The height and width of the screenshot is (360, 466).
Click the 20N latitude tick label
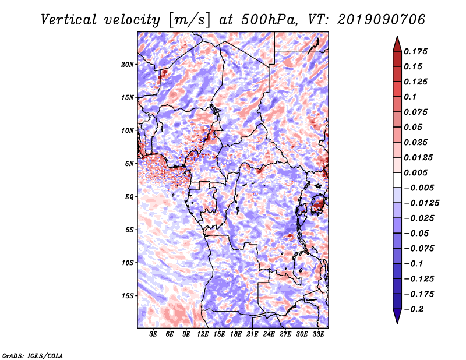pyautogui.click(x=128, y=64)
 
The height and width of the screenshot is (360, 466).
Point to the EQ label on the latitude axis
pyautogui.click(x=129, y=197)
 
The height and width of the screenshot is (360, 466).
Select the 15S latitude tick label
pyautogui.click(x=128, y=296)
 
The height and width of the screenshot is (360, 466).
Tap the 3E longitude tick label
pyautogui.click(x=154, y=334)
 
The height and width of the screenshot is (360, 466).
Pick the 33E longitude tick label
pyautogui.click(x=319, y=334)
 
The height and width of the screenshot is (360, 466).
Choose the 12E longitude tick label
pyautogui.click(x=203, y=334)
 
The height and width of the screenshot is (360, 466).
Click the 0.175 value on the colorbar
pyautogui.click(x=417, y=51)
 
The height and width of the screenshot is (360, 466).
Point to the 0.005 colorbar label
pyautogui.click(x=417, y=172)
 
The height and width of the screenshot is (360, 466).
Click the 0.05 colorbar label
pyautogui.click(x=414, y=127)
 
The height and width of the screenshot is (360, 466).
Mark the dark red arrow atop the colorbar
pyautogui.click(x=397, y=43)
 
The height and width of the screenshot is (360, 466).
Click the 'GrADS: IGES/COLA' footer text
pyautogui.click(x=33, y=355)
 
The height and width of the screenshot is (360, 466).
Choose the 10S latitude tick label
pyautogui.click(x=128, y=263)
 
